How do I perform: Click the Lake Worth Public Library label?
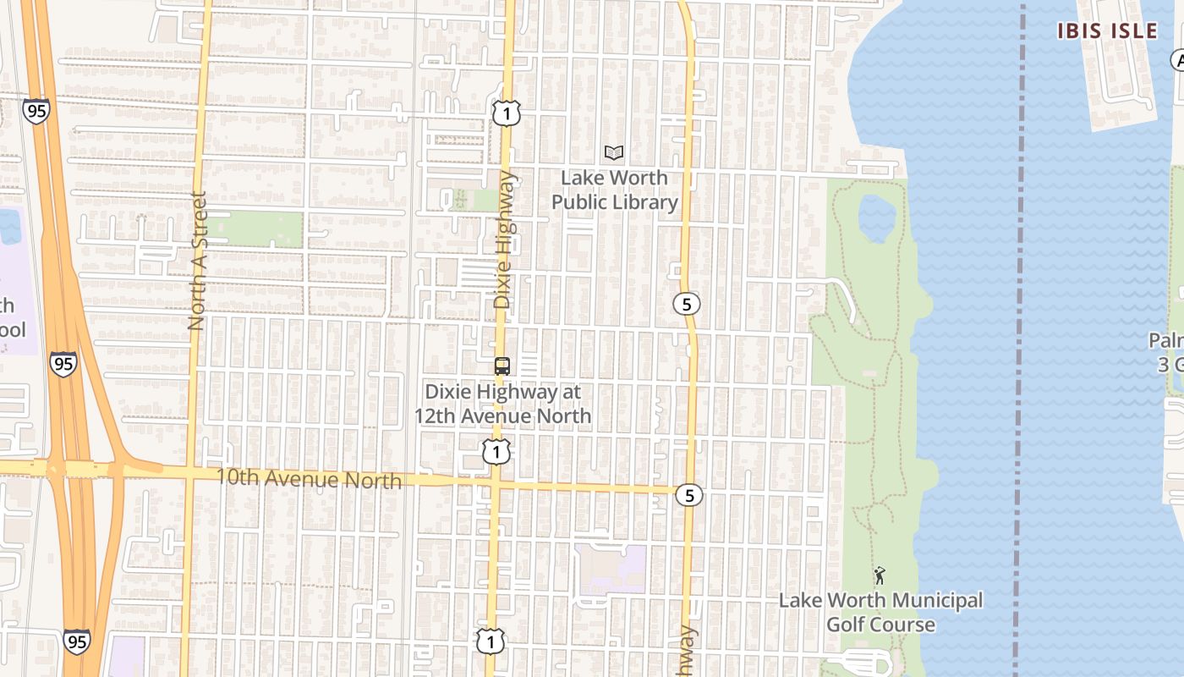tap(615, 190)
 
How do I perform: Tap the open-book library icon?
tap(614, 153)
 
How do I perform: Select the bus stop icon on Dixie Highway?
tap(502, 366)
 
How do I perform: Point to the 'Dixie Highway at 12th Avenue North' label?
tap(502, 404)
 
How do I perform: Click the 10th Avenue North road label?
tap(309, 478)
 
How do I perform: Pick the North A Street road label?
tap(197, 261)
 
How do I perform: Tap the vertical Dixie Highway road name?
tap(504, 239)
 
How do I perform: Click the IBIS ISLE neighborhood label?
tap(1107, 31)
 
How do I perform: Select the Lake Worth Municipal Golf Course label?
tap(880, 613)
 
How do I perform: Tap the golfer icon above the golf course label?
tap(880, 576)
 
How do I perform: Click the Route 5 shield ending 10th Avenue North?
tap(689, 495)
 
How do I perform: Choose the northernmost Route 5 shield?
tap(687, 304)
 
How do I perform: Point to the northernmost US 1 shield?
tap(506, 113)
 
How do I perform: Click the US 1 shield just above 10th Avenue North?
tap(496, 452)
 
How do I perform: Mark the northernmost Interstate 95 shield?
tap(36, 111)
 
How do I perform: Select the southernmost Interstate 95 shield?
tap(76, 641)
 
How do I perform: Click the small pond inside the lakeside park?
tap(876, 217)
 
